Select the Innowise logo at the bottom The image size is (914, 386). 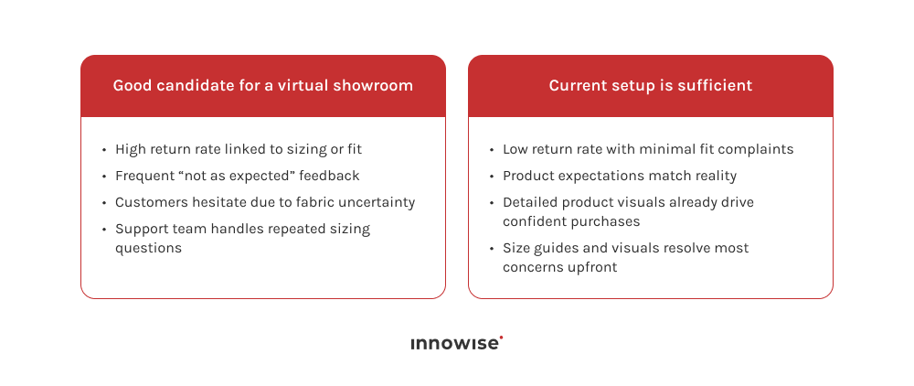coord(456,344)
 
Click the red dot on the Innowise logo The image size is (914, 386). coord(502,338)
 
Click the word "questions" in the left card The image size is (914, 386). coord(148,248)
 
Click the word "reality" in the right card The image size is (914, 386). coord(710,176)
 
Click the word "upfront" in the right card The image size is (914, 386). coord(593,267)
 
